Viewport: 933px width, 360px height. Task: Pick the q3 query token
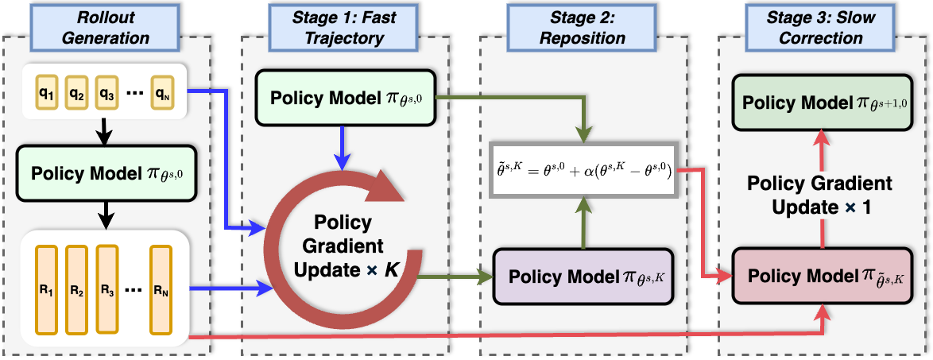click(x=106, y=91)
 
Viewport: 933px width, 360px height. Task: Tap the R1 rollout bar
click(x=48, y=288)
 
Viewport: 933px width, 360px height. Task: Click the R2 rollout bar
click(x=77, y=288)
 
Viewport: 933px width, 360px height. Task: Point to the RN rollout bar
click(x=161, y=288)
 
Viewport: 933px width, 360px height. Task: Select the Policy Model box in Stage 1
click(x=345, y=100)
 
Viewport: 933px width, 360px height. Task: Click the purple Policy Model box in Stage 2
click(x=583, y=278)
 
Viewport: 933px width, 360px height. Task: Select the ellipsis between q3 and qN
click(x=134, y=92)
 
